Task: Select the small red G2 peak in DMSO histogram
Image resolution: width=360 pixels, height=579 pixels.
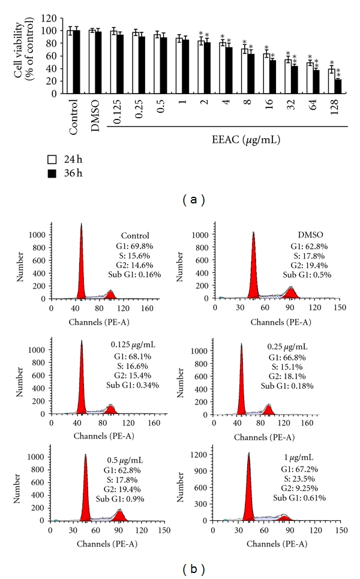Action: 291,293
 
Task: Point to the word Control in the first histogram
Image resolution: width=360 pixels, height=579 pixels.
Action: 134,235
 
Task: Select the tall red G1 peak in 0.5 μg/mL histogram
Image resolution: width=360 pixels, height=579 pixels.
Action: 79,492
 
